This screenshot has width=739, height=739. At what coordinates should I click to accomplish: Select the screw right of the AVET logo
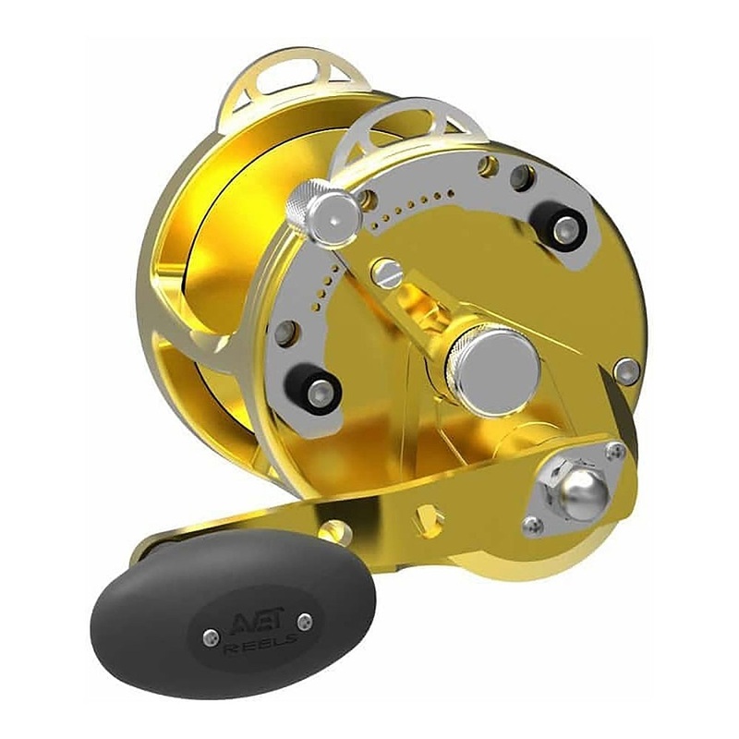(307, 622)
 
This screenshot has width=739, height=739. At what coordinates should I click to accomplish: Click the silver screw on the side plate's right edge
(626, 370)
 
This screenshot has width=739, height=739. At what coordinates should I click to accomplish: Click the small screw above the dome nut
(615, 452)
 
